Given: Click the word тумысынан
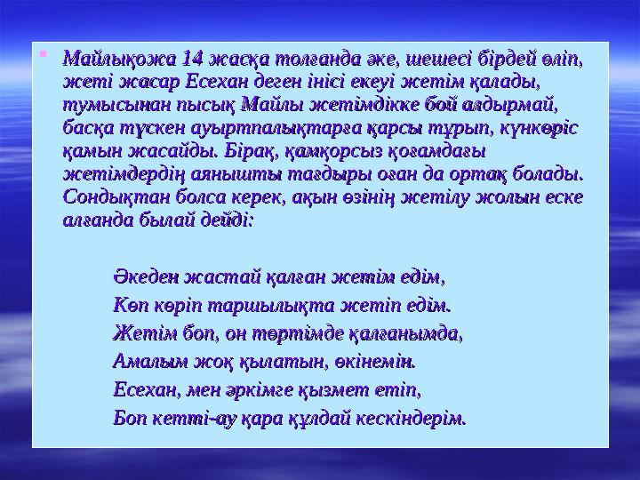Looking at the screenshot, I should [106, 106].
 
